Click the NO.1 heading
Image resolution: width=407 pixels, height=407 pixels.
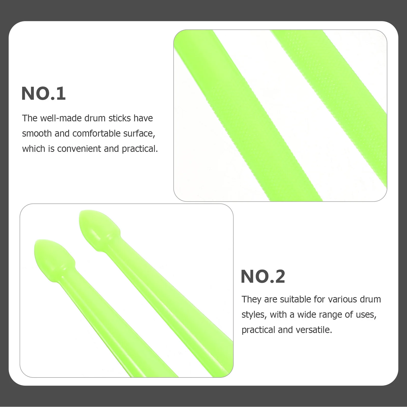tap(43, 93)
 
